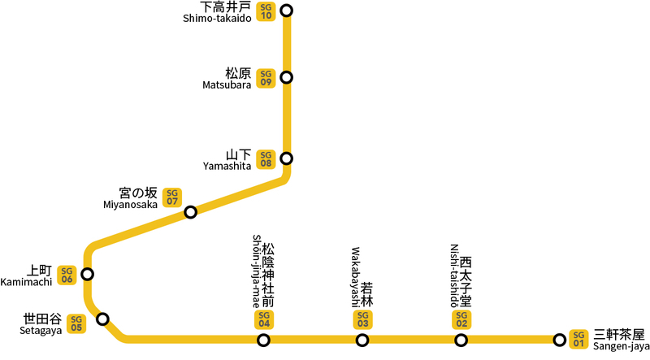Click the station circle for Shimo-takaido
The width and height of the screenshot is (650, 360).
(286, 11)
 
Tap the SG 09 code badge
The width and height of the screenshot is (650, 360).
(265, 78)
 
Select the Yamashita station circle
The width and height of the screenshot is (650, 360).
(286, 158)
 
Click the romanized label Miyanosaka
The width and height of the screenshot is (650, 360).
(130, 204)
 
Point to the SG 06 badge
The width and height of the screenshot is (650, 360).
(67, 275)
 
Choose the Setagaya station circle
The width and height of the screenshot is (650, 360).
(102, 319)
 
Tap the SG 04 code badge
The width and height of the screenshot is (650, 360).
(263, 319)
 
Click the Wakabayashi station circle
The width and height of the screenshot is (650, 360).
(362, 340)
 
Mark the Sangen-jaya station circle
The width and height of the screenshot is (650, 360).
(559, 340)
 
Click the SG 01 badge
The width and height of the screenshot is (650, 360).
(578, 338)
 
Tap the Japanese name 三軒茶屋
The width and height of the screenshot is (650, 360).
(618, 334)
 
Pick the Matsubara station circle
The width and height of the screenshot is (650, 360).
(286, 78)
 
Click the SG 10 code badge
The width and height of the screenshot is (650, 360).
(265, 11)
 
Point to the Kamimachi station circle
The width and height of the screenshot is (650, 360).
(87, 274)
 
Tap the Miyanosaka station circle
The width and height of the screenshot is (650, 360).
(191, 212)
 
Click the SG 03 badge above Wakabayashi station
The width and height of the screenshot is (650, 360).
(362, 319)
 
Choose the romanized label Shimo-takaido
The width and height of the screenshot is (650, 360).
(217, 19)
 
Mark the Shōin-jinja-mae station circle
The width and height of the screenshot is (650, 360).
(263, 340)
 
